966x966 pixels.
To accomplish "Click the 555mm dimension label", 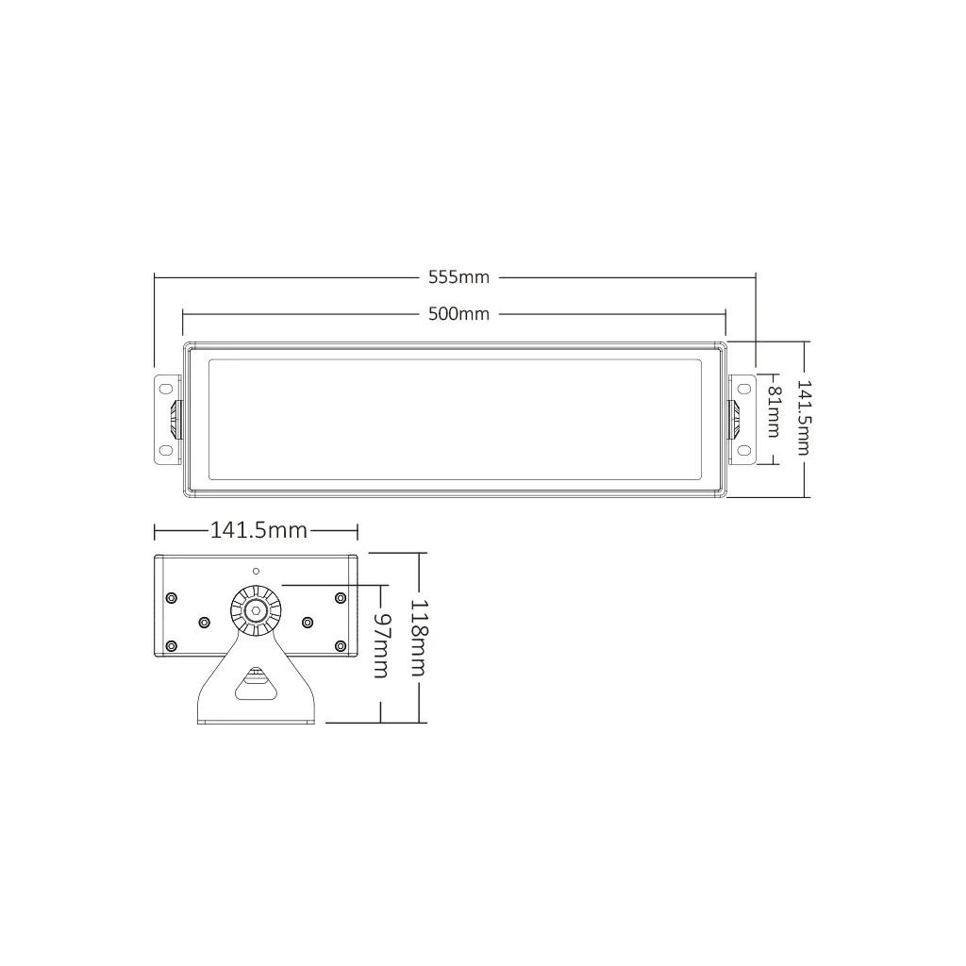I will coord(458,277).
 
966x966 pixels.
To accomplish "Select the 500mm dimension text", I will coord(458,313).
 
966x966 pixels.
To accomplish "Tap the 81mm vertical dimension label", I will coord(774,410).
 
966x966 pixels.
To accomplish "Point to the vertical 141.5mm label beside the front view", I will coord(804,418).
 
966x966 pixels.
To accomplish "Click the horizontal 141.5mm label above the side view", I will coord(258,530).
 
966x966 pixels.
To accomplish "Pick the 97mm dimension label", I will coord(380,644).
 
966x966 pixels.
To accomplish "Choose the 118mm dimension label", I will coord(418,638).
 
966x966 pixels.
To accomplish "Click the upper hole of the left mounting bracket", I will coord(166,387).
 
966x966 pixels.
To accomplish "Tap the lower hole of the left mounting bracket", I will coord(166,450).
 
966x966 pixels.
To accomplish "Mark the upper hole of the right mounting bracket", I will coord(743,387).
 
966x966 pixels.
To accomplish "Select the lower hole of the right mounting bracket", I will coord(743,450).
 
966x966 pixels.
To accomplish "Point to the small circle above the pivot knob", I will coord(255,572).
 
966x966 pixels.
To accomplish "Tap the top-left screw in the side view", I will coord(171,597).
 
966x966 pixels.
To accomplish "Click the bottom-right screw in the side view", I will coord(341,645).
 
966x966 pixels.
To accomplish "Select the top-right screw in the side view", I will coord(341,597).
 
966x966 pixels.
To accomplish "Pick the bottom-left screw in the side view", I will coord(171,645).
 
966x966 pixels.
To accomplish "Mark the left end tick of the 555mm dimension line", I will coord(154,277).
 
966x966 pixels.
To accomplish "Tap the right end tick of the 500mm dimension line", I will coord(725,313).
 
